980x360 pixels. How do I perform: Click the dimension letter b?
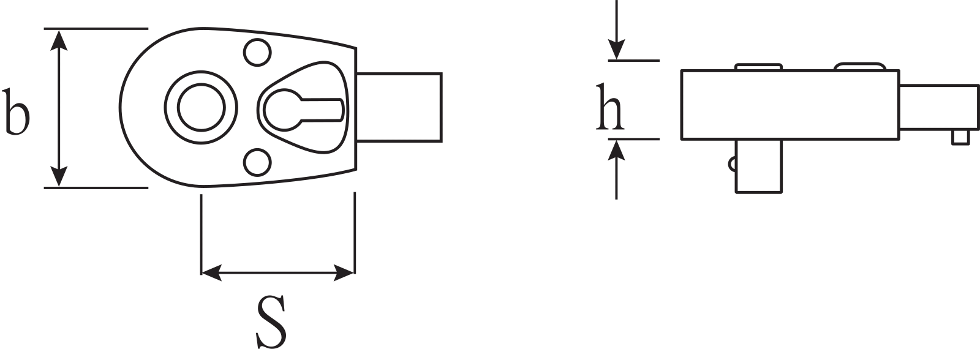pos(17,111)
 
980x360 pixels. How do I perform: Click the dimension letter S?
pos(271,322)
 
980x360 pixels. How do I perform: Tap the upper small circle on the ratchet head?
pos(257,53)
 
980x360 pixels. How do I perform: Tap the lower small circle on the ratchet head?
pos(257,162)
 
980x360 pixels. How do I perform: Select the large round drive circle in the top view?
pos(202,108)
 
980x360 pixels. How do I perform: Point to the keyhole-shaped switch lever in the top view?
pos(300,108)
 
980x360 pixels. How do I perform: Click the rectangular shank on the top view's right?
pos(399,108)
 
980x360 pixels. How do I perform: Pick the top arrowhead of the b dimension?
pos(59,38)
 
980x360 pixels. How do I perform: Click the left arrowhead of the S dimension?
pos(211,273)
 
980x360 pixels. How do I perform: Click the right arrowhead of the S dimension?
pos(345,273)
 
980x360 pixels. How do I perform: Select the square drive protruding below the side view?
pos(758,166)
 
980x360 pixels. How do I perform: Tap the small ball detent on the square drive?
pos(732,163)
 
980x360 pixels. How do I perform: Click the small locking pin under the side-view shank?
pos(961,137)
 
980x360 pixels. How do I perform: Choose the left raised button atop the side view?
pos(758,66)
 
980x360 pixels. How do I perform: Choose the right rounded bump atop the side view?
pos(861,66)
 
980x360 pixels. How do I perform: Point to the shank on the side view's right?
pos(938,108)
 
